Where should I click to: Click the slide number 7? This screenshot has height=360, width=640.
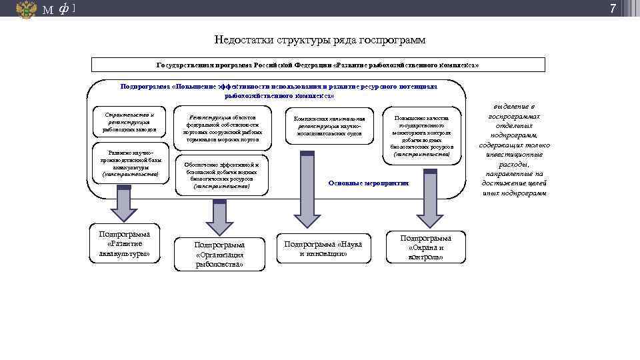point(613,9)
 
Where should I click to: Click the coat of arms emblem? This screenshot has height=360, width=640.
point(26,9)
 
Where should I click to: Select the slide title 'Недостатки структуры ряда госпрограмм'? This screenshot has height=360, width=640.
point(320,40)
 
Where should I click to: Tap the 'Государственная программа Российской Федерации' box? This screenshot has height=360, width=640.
point(318,65)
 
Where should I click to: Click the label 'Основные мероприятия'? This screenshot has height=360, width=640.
point(369,183)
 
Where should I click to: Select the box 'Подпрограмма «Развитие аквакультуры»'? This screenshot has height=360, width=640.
point(125,243)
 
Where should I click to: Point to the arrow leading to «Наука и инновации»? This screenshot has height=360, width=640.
point(307,193)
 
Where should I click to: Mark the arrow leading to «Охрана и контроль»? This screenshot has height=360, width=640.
point(430,200)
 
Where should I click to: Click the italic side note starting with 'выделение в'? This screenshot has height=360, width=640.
point(514,150)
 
